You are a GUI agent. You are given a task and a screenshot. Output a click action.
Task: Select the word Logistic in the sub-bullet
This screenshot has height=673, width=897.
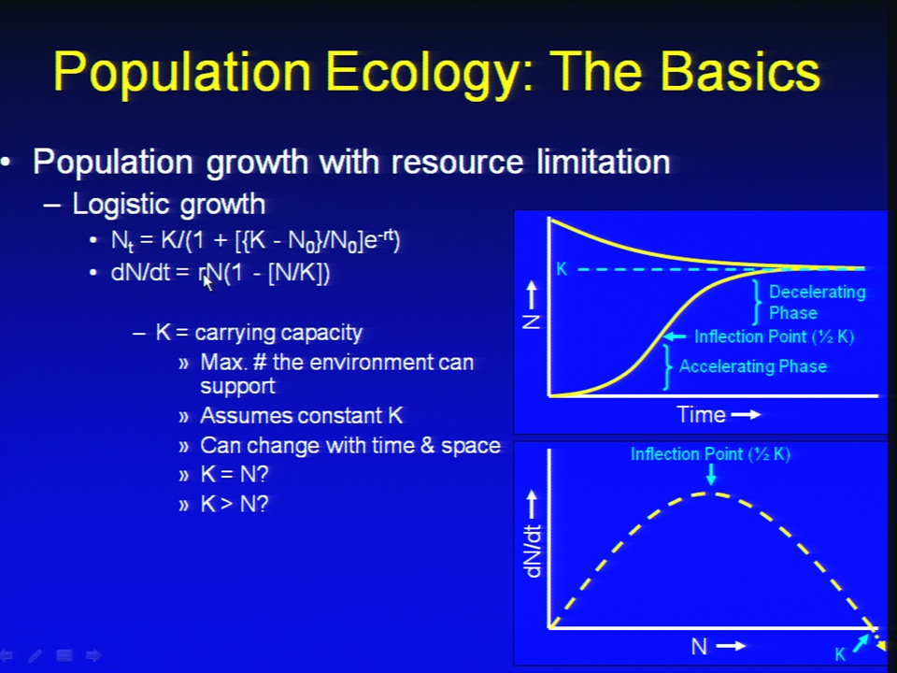pos(118,204)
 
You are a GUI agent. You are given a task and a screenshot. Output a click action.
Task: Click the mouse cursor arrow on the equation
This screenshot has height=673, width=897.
pos(208,282)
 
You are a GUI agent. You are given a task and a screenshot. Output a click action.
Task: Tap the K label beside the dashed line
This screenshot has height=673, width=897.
pos(562,269)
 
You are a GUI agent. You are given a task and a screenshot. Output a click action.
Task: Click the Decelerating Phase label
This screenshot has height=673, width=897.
pos(817,302)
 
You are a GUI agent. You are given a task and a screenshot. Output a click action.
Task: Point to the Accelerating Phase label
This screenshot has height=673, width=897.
pos(753,366)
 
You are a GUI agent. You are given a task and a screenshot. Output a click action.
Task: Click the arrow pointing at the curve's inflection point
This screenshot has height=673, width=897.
pos(675,336)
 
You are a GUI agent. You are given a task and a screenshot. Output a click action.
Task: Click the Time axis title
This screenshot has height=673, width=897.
pos(701,414)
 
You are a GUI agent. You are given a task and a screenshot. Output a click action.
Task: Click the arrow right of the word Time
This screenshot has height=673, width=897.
pos(746,414)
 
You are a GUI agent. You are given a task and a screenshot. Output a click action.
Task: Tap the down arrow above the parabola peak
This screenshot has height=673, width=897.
pos(710,475)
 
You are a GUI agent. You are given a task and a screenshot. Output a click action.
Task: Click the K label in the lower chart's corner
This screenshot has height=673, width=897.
pos(840,654)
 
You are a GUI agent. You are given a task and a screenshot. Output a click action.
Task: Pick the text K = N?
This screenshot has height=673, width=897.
pos(234,475)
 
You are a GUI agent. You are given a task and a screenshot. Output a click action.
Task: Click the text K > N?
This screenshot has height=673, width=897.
pos(234,504)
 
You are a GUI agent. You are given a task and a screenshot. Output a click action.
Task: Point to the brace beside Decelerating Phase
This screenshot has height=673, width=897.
pos(757,302)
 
